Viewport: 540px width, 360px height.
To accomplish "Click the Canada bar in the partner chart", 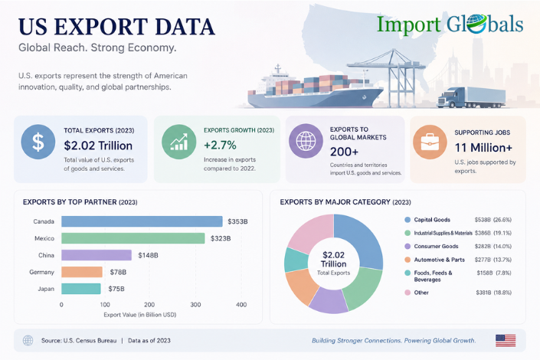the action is click(x=142, y=221).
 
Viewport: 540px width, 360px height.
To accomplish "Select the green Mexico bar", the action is click(x=133, y=238).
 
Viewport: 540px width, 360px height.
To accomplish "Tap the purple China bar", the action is click(x=97, y=255).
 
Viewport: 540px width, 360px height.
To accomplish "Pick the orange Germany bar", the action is click(x=82, y=272).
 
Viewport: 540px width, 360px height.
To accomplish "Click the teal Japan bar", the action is click(x=81, y=289).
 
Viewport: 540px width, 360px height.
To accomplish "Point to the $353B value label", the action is click(x=237, y=221).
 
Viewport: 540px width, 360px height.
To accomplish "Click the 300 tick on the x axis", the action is click(x=195, y=305).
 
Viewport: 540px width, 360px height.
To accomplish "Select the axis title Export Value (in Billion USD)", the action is click(x=140, y=315).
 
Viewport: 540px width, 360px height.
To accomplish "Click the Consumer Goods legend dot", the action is click(x=407, y=247).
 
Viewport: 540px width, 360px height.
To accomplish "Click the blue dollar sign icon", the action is click(x=38, y=142).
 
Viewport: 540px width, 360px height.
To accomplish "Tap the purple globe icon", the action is click(x=306, y=141).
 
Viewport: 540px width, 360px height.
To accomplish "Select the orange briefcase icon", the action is click(x=430, y=142).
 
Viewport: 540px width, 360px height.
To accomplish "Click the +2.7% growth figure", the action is click(x=220, y=145).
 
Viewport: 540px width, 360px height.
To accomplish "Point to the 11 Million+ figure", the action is click(x=483, y=147).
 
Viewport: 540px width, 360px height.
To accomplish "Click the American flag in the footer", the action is click(x=506, y=340).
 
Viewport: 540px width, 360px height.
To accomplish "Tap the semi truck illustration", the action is click(x=471, y=97).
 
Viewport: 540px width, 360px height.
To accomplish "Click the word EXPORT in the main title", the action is click(x=102, y=27).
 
